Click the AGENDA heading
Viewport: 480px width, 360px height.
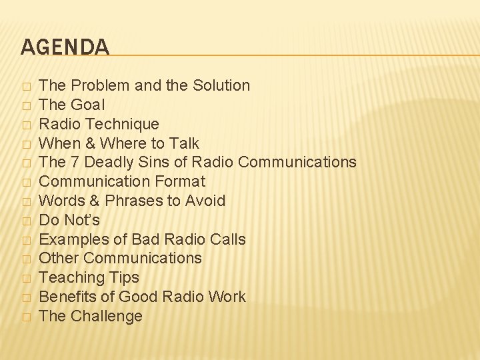click(x=65, y=47)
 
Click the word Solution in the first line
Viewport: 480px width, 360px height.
click(x=221, y=85)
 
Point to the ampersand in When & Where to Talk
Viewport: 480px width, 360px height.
click(x=92, y=143)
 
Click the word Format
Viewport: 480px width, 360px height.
click(x=181, y=181)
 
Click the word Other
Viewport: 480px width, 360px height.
click(x=59, y=258)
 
